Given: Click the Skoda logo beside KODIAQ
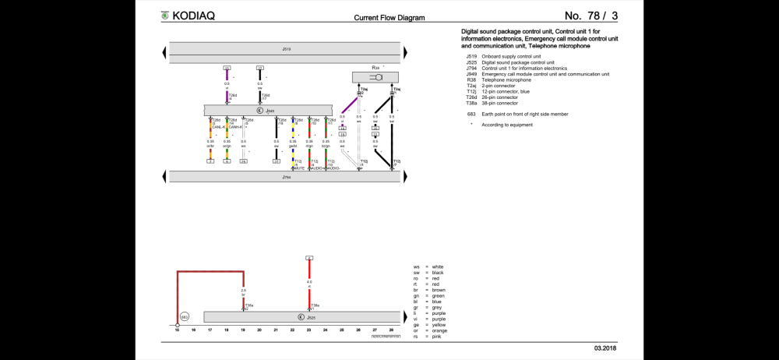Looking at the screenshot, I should tap(164, 16).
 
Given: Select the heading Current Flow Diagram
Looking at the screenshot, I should tap(389, 17).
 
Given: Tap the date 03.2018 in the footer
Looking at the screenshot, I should tap(605, 347).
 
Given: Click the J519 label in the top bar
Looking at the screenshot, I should tap(286, 49).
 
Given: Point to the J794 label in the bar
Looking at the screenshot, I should tap(286, 178).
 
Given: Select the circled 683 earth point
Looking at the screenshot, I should tap(185, 317).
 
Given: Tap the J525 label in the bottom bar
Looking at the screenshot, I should tap(310, 317).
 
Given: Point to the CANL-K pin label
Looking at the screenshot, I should tap(218, 127).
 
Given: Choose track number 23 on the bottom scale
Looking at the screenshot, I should tap(309, 330).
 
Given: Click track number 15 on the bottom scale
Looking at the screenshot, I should tap(177, 330).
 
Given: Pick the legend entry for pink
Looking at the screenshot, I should tap(438, 337).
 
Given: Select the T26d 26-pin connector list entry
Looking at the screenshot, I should tap(499, 97).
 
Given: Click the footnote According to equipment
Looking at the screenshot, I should tap(506, 125).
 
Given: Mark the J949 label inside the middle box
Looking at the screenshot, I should tap(270, 111).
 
